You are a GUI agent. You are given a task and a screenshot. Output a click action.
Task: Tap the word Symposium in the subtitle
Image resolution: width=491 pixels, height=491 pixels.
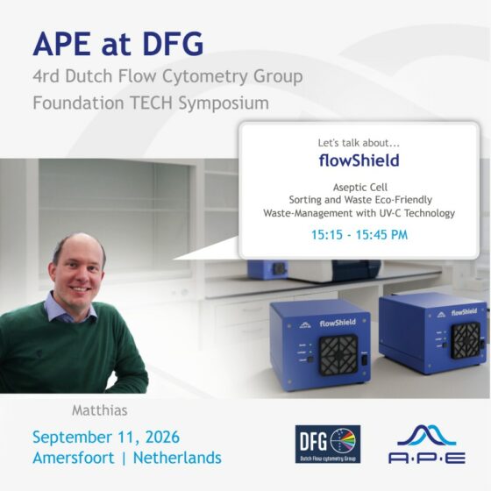click(224, 103)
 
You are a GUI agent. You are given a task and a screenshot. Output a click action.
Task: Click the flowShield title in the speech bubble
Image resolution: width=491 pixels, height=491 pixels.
click(359, 160)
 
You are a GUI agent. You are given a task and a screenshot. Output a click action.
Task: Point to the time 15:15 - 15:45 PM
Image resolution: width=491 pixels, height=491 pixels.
click(359, 235)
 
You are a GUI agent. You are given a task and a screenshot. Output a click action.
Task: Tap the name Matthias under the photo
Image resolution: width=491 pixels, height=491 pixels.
click(100, 410)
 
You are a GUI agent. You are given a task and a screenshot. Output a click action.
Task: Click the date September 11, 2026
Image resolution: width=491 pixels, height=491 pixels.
click(106, 437)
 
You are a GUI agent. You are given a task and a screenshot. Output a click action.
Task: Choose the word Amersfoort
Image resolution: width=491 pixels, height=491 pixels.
click(74, 458)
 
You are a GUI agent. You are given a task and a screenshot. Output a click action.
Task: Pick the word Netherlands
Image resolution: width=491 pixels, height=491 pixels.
click(177, 458)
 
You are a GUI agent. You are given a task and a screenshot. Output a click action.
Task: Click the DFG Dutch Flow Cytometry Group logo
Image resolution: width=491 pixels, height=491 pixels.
click(328, 444)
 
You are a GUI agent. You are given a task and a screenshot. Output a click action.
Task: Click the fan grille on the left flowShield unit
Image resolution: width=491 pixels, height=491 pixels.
click(338, 354)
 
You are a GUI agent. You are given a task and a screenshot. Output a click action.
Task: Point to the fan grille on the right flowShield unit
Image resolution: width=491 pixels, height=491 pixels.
click(466, 341)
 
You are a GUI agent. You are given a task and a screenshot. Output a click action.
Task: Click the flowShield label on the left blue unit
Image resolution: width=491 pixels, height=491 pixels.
click(338, 323)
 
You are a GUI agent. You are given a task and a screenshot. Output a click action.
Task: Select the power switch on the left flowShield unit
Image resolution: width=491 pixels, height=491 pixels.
click(365, 359)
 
